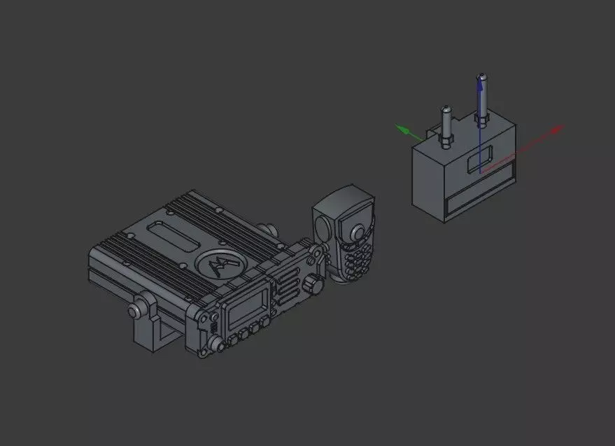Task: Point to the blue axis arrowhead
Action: pyautogui.click(x=480, y=79)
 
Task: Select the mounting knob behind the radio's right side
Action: pyautogui.click(x=266, y=230)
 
